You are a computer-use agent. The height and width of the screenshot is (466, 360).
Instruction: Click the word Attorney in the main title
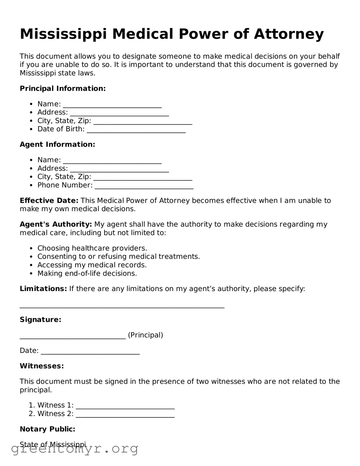pyautogui.click(x=289, y=34)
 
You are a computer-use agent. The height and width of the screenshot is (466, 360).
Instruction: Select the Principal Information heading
pyautogui.click(x=63, y=89)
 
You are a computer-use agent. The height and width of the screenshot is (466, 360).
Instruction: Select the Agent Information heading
pyautogui.click(x=57, y=144)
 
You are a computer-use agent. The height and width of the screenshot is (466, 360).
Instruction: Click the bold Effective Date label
pyautogui.click(x=49, y=201)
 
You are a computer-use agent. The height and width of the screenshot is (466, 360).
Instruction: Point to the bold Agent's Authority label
pyautogui.click(x=56, y=224)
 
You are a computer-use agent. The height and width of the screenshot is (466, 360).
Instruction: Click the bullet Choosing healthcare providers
pyautogui.click(x=92, y=248)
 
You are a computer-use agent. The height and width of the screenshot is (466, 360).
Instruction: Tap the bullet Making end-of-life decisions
pyautogui.click(x=87, y=273)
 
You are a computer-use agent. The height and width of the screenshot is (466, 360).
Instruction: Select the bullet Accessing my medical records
pyautogui.click(x=92, y=265)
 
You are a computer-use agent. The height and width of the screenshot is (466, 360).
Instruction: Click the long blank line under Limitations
pyautogui.click(x=122, y=306)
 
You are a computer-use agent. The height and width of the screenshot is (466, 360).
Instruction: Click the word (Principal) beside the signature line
pyautogui.click(x=145, y=335)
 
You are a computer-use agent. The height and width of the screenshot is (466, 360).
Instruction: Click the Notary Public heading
pyautogui.click(x=47, y=429)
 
